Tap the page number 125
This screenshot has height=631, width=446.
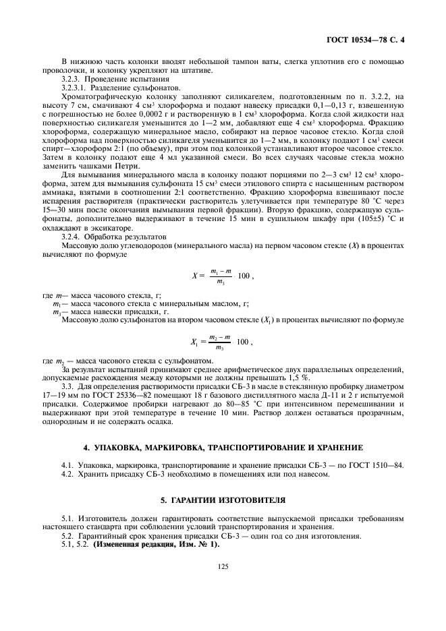223,567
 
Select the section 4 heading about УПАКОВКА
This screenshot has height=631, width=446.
223,447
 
